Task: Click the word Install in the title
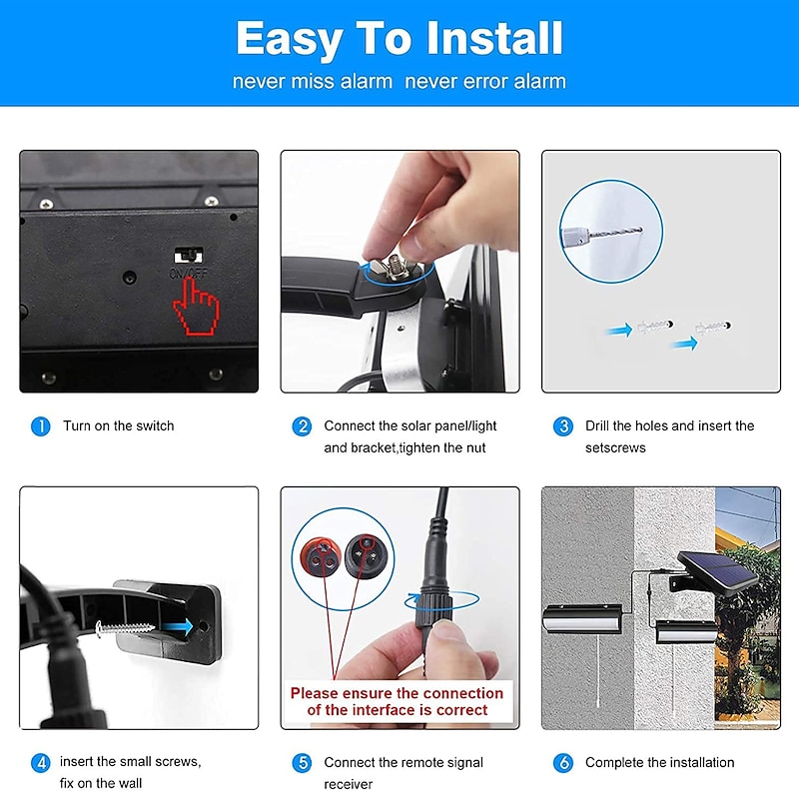pyautogui.click(x=494, y=38)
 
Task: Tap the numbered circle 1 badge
pyautogui.click(x=41, y=426)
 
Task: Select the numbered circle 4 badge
pyautogui.click(x=41, y=763)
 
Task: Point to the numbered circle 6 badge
pyautogui.click(x=563, y=763)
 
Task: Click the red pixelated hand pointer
pyautogui.click(x=196, y=307)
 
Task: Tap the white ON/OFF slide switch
pyautogui.click(x=189, y=255)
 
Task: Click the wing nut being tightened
pyautogui.click(x=393, y=265)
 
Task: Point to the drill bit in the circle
pyautogui.click(x=615, y=233)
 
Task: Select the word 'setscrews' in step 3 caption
pyautogui.click(x=615, y=447)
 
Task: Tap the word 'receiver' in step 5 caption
pyautogui.click(x=348, y=784)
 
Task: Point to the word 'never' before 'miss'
pyautogui.click(x=259, y=82)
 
